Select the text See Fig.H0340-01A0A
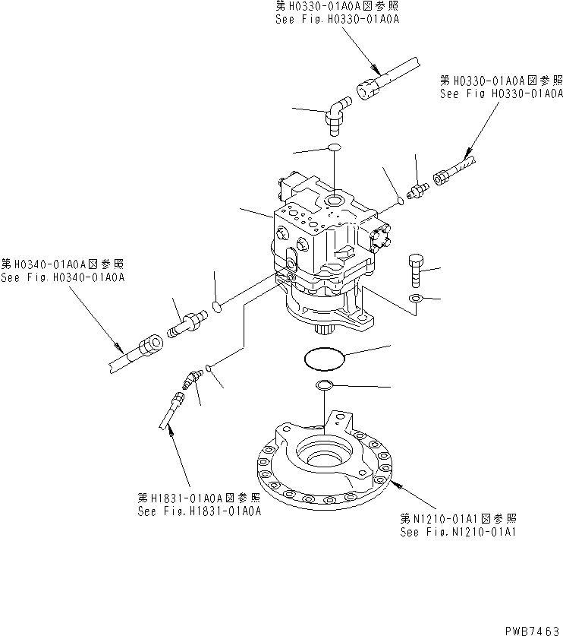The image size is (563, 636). point(63,277)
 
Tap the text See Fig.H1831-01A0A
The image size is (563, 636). point(200,511)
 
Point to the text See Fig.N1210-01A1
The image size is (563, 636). point(458,532)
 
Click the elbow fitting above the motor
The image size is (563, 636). point(335,111)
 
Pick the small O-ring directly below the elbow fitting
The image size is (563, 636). point(334,147)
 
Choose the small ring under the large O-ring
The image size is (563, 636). point(324,384)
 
